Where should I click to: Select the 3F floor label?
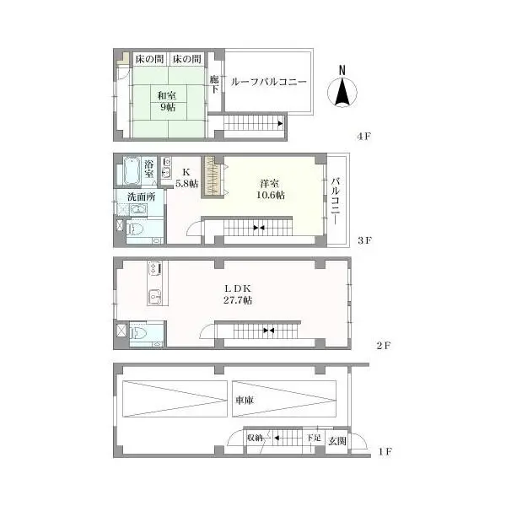363,240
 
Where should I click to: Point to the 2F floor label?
382,345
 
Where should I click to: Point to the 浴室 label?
149,170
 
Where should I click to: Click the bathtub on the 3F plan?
130,173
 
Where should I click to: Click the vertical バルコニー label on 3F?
336,201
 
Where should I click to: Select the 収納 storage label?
256,439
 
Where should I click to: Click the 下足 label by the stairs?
313,439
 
